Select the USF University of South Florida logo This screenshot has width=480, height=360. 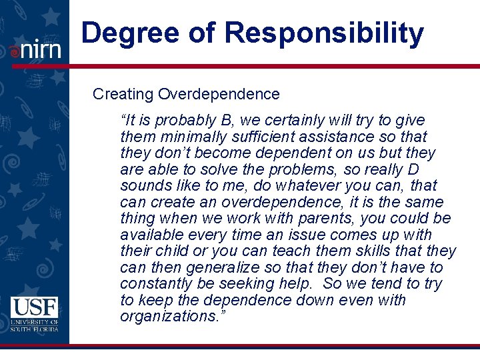pos(35,314)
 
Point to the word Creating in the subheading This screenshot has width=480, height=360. pos(123,95)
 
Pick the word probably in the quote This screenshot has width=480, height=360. pos(185,121)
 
